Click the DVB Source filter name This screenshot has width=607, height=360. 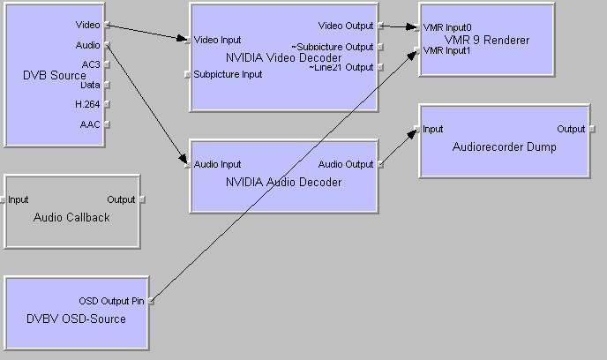point(55,76)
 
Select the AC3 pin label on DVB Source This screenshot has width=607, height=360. point(90,64)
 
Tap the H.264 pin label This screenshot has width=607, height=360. point(87,105)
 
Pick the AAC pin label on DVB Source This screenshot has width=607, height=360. point(90,125)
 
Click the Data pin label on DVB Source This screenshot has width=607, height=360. point(89,85)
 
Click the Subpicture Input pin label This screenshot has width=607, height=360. point(229,74)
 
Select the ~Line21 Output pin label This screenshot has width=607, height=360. point(341,67)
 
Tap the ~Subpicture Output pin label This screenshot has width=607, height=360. point(333,47)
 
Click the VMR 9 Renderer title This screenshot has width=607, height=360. point(487,40)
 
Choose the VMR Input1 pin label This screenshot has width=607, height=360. point(446,50)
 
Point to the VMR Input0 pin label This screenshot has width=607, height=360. point(447,27)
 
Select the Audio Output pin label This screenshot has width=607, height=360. point(346,164)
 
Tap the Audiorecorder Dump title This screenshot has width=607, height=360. point(504,147)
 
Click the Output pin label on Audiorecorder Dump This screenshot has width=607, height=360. point(571,129)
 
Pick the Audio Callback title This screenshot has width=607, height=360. point(71,217)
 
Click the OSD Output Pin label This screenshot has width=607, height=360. point(111,301)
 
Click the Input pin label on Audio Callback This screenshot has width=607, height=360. point(19,199)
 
